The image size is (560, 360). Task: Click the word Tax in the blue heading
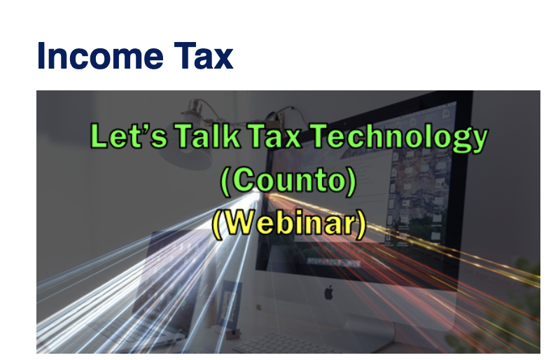tap(205, 55)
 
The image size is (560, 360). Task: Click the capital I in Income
tap(42, 55)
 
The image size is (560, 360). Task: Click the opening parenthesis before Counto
tap(225, 181)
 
